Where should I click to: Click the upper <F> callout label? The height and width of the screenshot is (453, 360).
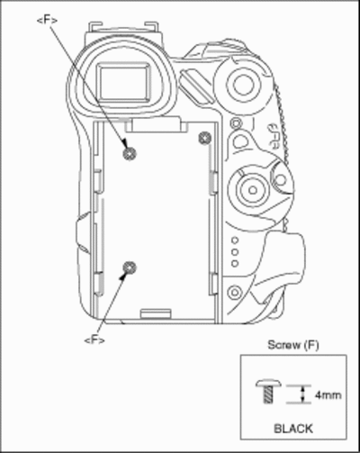tap(47, 20)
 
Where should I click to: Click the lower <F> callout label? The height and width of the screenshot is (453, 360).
tap(94, 340)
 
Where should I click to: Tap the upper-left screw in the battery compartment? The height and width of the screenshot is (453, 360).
tap(130, 154)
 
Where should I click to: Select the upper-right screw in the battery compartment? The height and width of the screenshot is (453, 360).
tap(205, 138)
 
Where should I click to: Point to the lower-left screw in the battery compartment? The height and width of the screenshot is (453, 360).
tap(130, 267)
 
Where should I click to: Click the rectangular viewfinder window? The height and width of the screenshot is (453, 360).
tap(124, 82)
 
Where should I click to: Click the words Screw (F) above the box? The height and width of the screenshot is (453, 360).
tap(293, 345)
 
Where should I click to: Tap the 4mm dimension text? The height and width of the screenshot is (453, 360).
tap(328, 395)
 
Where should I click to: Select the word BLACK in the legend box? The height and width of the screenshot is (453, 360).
tap(293, 429)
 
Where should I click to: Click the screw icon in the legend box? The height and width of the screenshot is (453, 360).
tap(269, 391)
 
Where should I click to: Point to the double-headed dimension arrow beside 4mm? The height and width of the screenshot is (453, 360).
tap(303, 394)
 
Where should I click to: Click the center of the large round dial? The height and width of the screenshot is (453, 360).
tap(253, 190)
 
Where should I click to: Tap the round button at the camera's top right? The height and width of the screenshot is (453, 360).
tap(243, 85)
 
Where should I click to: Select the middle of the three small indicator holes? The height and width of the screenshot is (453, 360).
tap(236, 252)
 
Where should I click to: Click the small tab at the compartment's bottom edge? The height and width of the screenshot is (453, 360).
tap(156, 313)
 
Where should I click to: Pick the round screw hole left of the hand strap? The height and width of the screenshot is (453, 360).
tap(235, 292)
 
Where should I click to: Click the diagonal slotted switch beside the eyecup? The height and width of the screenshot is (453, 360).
tap(195, 86)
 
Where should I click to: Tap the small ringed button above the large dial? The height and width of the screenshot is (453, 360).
tap(236, 122)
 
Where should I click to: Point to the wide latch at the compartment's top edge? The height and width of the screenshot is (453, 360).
tap(156, 125)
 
